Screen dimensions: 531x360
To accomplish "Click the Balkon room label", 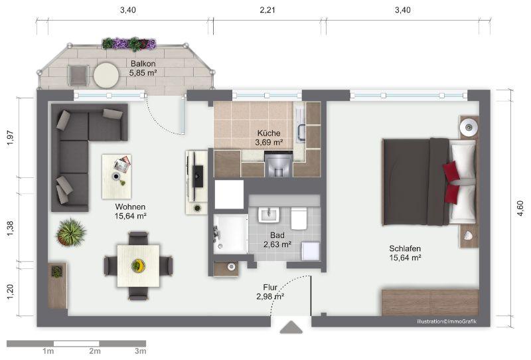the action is pyautogui.click(x=143, y=63).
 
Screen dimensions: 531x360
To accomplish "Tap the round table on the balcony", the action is pyautogui.click(x=106, y=75).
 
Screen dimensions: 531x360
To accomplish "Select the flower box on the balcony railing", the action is pyautogui.click(x=129, y=44).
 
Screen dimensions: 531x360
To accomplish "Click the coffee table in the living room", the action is pyautogui.click(x=117, y=177).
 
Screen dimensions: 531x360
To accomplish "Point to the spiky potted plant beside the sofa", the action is pyautogui.click(x=71, y=232).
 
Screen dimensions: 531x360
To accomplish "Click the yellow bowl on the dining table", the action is pyautogui.click(x=138, y=265).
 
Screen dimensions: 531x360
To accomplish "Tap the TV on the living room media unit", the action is pyautogui.click(x=198, y=176).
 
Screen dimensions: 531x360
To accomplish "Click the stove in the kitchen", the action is pyautogui.click(x=279, y=164).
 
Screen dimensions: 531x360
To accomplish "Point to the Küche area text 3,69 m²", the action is pyautogui.click(x=269, y=142).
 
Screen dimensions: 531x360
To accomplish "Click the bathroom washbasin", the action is pyautogui.click(x=269, y=215).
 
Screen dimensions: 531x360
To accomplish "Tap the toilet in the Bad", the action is pyautogui.click(x=299, y=218).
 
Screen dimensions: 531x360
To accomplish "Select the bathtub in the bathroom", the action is pyautogui.click(x=230, y=234).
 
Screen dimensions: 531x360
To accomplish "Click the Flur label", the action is pyautogui.click(x=270, y=287).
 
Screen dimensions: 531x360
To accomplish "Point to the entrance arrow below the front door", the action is pyautogui.click(x=291, y=327).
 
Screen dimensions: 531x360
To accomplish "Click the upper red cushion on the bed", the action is pyautogui.click(x=451, y=171).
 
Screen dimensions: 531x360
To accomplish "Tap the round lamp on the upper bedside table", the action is pyautogui.click(x=469, y=127).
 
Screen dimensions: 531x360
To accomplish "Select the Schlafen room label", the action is pyautogui.click(x=405, y=248).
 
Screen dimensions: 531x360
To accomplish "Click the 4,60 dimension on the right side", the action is pyautogui.click(x=520, y=208).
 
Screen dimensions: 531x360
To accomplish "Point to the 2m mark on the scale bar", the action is pyautogui.click(x=95, y=351).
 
